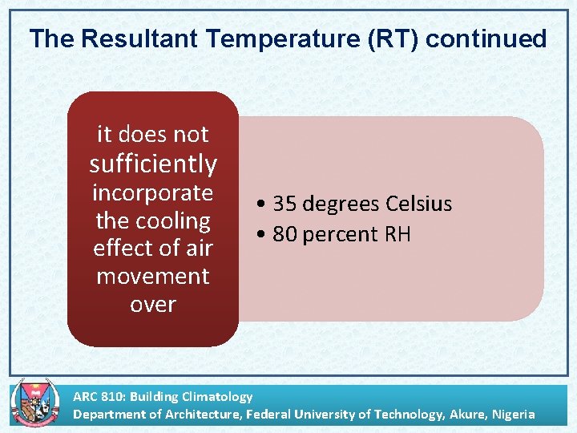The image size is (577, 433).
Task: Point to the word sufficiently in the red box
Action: coord(153,164)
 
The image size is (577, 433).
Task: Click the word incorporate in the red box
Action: coord(153,193)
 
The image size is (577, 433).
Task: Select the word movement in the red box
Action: coord(153,276)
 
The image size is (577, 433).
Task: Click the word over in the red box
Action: coord(153,304)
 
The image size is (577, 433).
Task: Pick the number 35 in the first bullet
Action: coord(284,204)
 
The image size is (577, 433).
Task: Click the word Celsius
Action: coord(418,204)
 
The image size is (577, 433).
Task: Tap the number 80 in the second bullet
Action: coord(284,234)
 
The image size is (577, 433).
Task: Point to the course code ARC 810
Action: coord(98,396)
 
